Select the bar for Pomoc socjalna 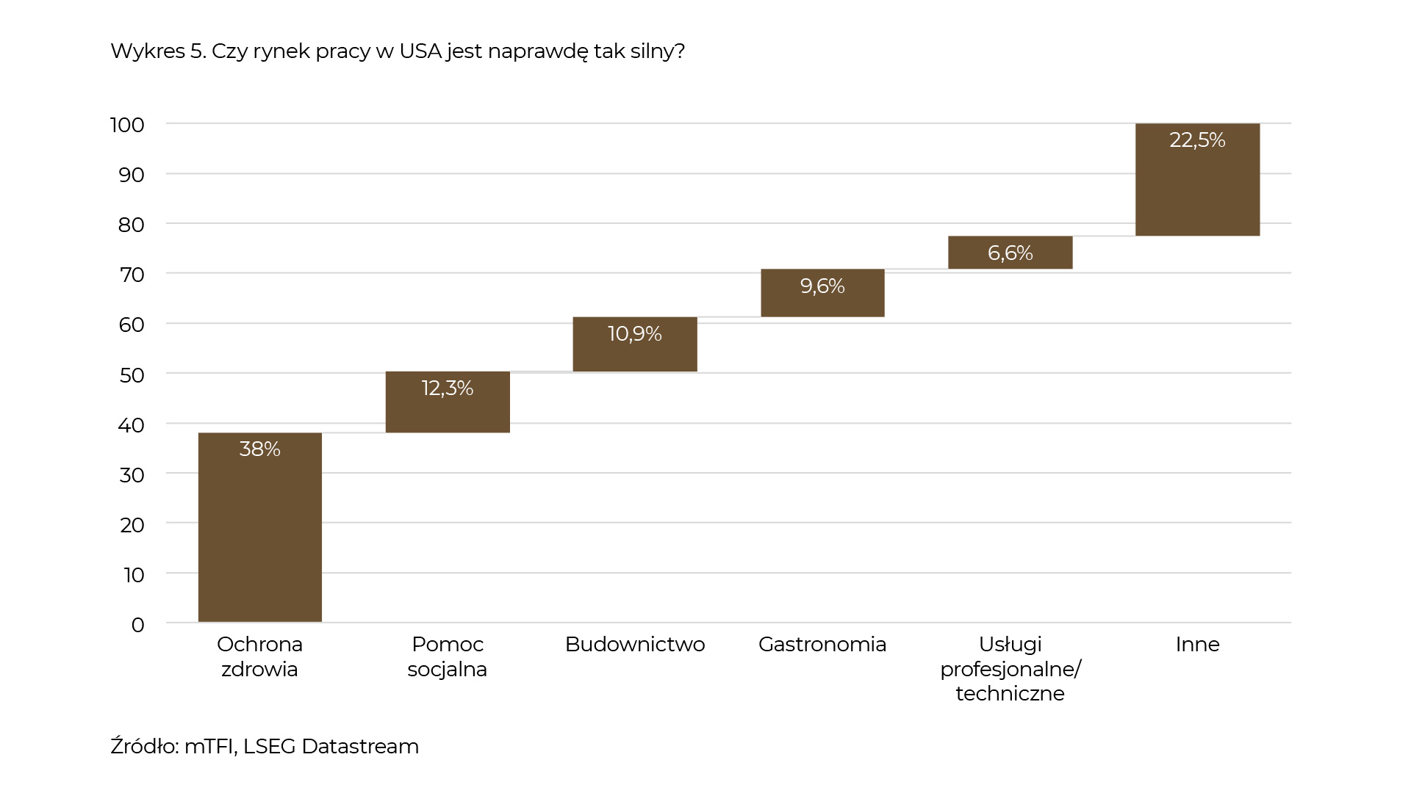pyautogui.click(x=448, y=411)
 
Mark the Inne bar pyautogui.click(x=1197, y=191)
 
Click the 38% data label pyautogui.click(x=260, y=449)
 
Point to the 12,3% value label pyautogui.click(x=448, y=388)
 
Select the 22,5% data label pyautogui.click(x=1197, y=140)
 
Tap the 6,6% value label pyautogui.click(x=1010, y=253)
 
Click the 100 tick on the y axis pyautogui.click(x=127, y=125)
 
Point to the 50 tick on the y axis pyautogui.click(x=132, y=375)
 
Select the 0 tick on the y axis pyautogui.click(x=137, y=625)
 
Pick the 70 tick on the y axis pyautogui.click(x=132, y=275)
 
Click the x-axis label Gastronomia pyautogui.click(x=822, y=645)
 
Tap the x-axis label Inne pyautogui.click(x=1197, y=645)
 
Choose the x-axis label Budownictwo pyautogui.click(x=635, y=645)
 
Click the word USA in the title pyautogui.click(x=421, y=51)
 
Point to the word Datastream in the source pyautogui.click(x=360, y=747)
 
